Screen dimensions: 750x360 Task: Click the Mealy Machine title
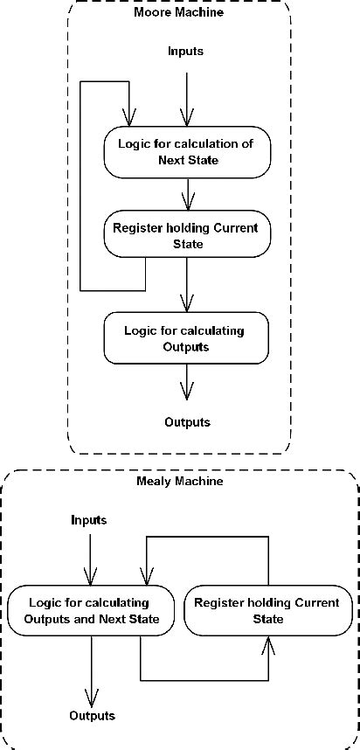point(179,482)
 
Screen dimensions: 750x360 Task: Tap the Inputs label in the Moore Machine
point(185,52)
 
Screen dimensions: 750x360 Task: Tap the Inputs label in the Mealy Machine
point(88,520)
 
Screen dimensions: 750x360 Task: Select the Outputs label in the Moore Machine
point(187,422)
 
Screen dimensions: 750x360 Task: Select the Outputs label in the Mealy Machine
point(92,716)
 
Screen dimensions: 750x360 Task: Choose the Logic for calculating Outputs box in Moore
point(185,337)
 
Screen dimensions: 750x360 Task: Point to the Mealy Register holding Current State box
point(272,611)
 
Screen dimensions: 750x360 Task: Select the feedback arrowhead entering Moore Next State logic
point(129,117)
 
